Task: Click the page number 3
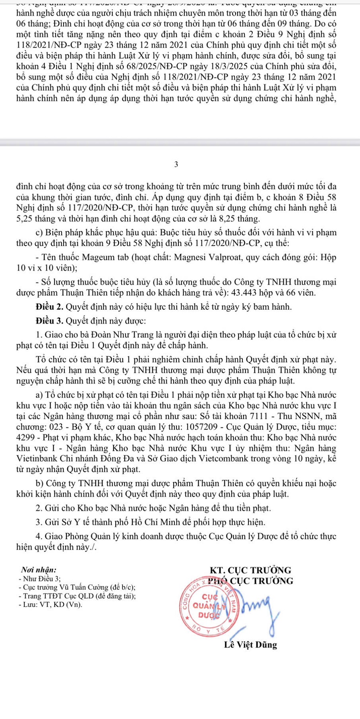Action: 176,164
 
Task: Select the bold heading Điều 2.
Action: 50,307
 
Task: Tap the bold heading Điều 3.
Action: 50,321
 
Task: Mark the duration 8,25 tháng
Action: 240,219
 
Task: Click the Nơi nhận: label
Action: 38,570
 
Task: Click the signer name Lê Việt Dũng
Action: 250,645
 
